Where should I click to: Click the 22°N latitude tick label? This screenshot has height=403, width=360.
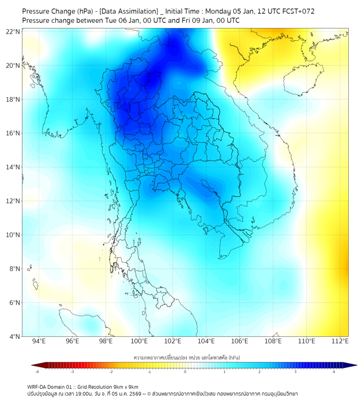(13, 31)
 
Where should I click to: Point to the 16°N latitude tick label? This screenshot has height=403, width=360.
(13, 133)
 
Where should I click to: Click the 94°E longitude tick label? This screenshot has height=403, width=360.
(39, 341)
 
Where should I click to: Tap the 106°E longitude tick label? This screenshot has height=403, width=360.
(240, 341)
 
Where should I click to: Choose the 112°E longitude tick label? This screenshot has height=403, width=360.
(340, 341)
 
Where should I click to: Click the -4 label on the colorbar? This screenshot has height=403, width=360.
(37, 372)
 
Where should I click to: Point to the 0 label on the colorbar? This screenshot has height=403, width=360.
(185, 372)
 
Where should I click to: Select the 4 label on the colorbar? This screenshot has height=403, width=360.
(334, 372)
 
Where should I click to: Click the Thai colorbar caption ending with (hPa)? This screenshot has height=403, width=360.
(185, 356)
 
